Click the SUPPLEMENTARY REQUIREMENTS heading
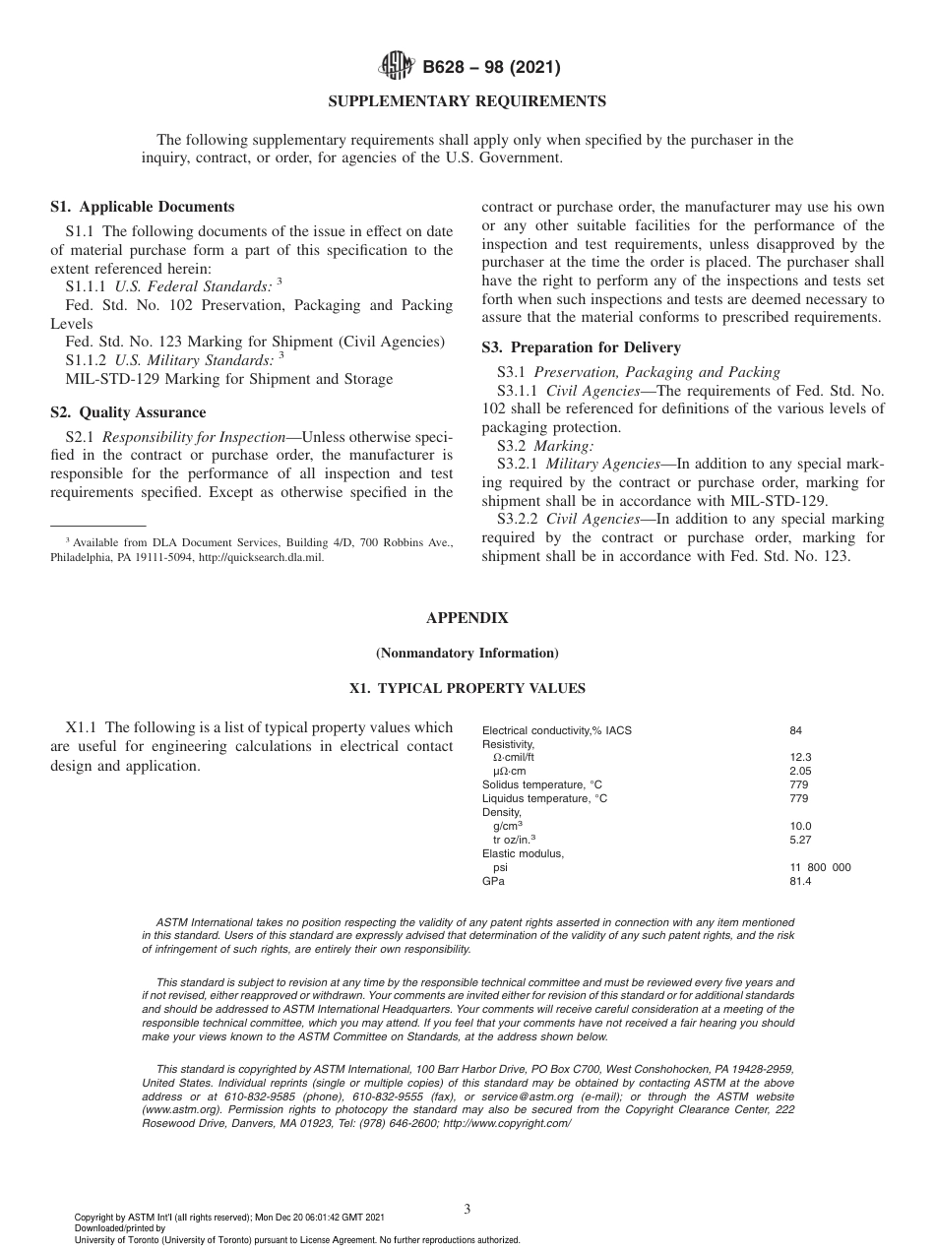(467, 101)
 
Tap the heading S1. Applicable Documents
(142, 207)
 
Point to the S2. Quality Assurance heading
(128, 412)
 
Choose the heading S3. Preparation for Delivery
(581, 347)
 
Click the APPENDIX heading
(467, 618)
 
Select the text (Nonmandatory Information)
(467, 653)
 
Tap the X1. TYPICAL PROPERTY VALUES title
(467, 688)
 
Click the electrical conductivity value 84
(795, 730)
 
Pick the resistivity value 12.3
(800, 758)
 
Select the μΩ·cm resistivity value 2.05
(800, 772)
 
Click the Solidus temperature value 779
(798, 785)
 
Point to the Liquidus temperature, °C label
(544, 799)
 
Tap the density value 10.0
(800, 827)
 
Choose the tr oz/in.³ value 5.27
(800, 841)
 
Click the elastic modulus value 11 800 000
(820, 868)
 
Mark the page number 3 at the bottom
(467, 1209)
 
